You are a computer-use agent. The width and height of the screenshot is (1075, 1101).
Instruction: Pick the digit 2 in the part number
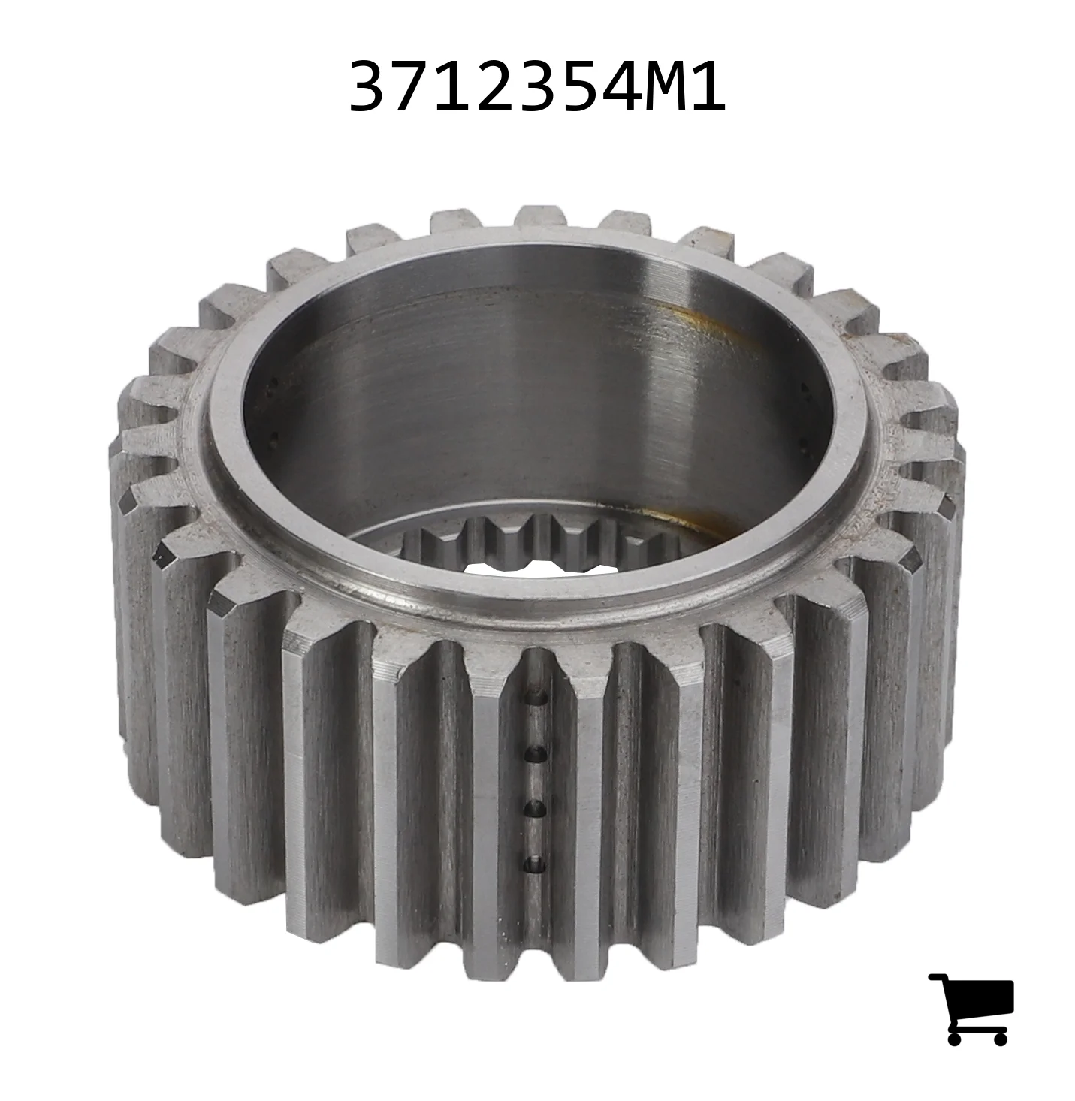(x=494, y=86)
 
